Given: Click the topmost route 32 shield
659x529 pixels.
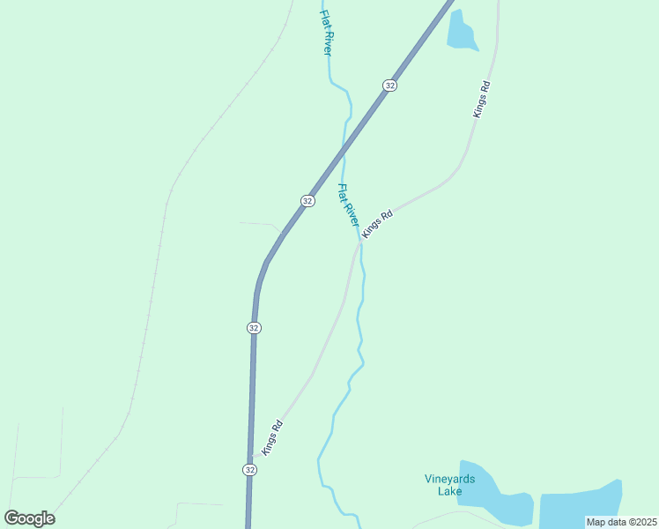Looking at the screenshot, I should (389, 85).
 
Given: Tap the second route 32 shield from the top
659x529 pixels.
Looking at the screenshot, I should (307, 200).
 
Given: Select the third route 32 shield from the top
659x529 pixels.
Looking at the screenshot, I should (254, 327).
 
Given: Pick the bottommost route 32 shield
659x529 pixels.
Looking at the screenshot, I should (250, 470).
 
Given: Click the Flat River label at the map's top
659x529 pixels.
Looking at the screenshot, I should (326, 33).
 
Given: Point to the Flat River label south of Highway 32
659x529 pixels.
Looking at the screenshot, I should (349, 205).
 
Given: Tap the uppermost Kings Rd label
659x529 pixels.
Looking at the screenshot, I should (481, 100).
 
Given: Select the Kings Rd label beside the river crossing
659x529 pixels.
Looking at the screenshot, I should (377, 221).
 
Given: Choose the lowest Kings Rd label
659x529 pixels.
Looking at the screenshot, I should (272, 436).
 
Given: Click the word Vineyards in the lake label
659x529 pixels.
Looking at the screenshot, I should (449, 480).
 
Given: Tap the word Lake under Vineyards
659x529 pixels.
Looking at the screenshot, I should (450, 491).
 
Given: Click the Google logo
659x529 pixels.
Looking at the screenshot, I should (29, 518).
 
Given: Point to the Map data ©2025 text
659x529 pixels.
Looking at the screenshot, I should (622, 522).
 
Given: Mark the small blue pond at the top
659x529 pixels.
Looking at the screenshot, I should (461, 32).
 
